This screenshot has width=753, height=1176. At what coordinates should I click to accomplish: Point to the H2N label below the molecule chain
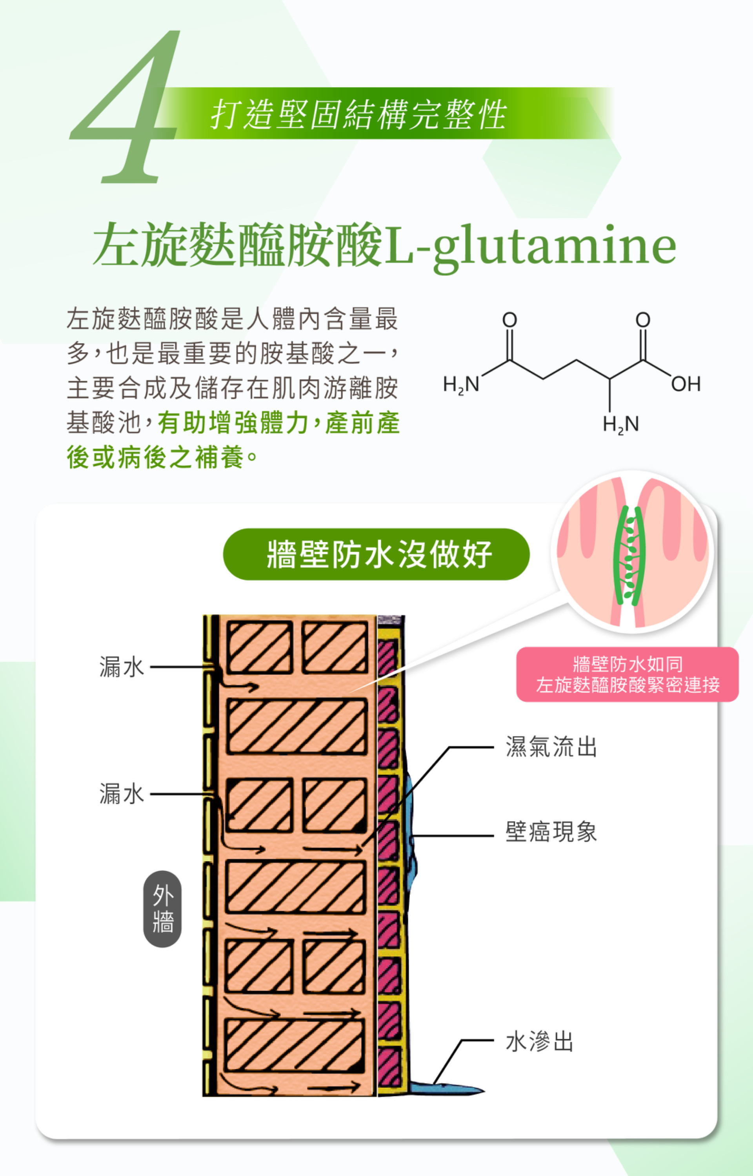pyautogui.click(x=620, y=424)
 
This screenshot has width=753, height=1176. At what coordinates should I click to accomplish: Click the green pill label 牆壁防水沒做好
pyautogui.click(x=376, y=554)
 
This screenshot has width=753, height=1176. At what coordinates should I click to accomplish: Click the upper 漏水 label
pyautogui.click(x=122, y=667)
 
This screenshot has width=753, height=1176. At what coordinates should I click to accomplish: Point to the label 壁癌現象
pyautogui.click(x=551, y=831)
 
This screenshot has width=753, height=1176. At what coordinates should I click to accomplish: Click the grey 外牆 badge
pyautogui.click(x=162, y=909)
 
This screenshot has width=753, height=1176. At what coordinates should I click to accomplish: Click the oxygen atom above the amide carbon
pyautogui.click(x=509, y=320)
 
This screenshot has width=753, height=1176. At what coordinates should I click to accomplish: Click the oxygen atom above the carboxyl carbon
pyautogui.click(x=642, y=320)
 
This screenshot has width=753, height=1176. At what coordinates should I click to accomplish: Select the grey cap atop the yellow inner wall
pyautogui.click(x=391, y=620)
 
